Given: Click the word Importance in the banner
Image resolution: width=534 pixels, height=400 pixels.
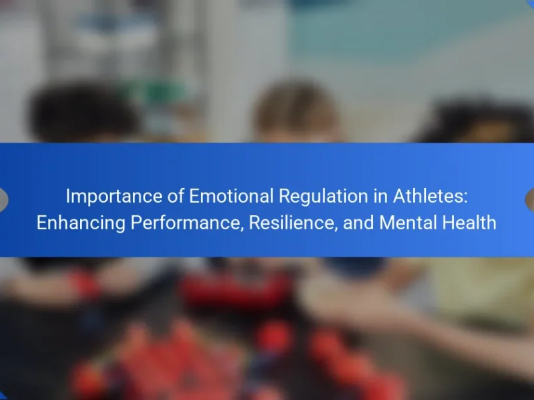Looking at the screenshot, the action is click(x=114, y=197).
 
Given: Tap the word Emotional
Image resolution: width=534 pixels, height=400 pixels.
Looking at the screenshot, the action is click(x=231, y=196).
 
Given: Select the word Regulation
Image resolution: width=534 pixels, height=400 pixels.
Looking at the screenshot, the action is click(x=324, y=197).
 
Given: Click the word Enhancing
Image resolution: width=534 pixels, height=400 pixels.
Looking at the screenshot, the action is click(x=81, y=223).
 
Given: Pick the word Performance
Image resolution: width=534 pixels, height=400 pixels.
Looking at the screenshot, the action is click(x=186, y=223).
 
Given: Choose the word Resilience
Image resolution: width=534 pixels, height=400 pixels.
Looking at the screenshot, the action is click(x=292, y=223).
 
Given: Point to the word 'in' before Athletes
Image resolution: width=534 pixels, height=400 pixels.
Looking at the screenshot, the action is click(x=380, y=196).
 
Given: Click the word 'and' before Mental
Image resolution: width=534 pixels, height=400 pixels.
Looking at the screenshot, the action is click(x=358, y=223).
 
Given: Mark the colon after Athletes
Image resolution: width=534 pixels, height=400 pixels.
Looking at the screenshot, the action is click(x=465, y=198).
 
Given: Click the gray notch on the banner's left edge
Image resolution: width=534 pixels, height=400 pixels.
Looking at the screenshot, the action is click(x=3, y=199).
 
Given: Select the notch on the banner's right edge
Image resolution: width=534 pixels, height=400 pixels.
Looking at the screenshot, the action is click(x=530, y=199).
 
